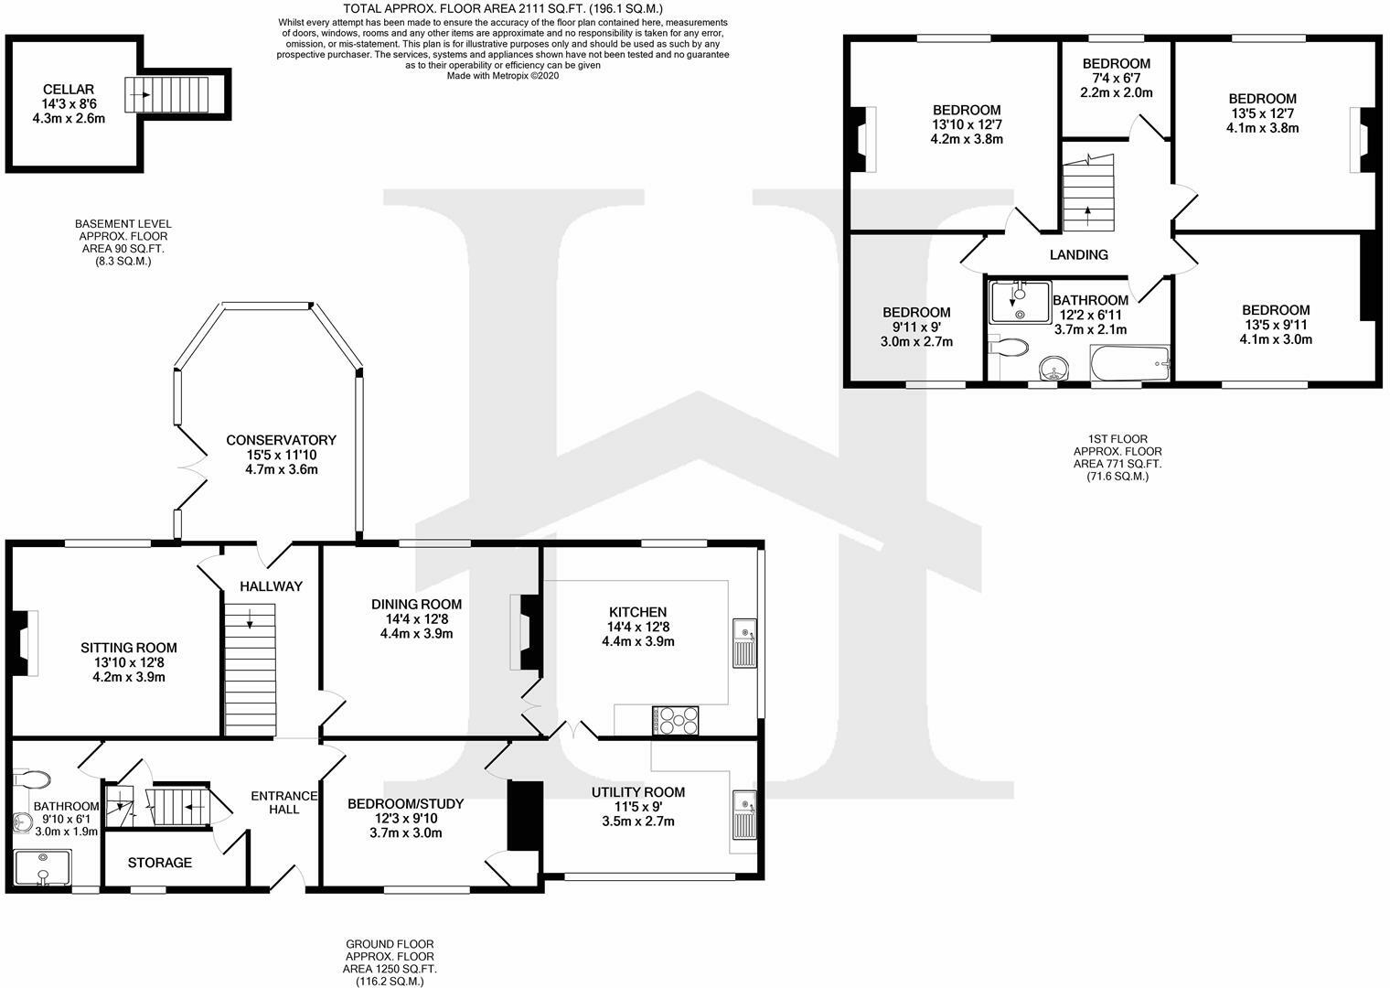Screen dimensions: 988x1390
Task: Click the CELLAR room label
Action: (x=69, y=89)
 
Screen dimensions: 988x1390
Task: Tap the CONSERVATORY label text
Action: (x=281, y=440)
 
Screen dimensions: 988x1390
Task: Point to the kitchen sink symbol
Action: (x=744, y=641)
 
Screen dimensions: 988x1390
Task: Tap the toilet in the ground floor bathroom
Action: (x=34, y=779)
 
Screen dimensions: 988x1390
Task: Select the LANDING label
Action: (x=1079, y=255)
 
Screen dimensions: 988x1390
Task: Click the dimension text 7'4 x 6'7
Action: (x=1116, y=79)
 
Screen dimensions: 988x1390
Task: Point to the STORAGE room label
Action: (x=159, y=863)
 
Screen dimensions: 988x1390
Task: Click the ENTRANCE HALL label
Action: (x=283, y=802)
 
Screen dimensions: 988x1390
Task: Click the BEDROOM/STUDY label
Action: (x=405, y=804)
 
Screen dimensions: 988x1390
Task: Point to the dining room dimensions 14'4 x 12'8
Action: (x=416, y=619)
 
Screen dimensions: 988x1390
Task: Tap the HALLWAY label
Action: (x=271, y=586)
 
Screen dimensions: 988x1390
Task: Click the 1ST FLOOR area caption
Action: (x=1117, y=457)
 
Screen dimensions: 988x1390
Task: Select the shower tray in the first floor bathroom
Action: (x=1020, y=302)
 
